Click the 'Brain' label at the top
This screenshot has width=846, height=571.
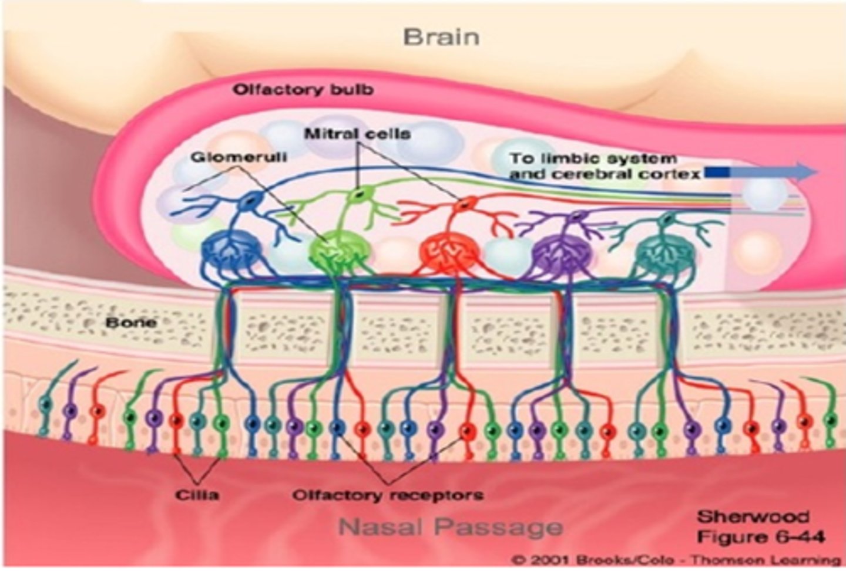[441, 37]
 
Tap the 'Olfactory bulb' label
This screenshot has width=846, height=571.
[303, 90]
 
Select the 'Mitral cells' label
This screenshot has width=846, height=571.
[357, 134]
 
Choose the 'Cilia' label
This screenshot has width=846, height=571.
[197, 495]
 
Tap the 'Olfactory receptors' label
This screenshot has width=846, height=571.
[388, 495]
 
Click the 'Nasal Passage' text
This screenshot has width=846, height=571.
[451, 526]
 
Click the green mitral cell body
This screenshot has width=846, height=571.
[356, 195]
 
